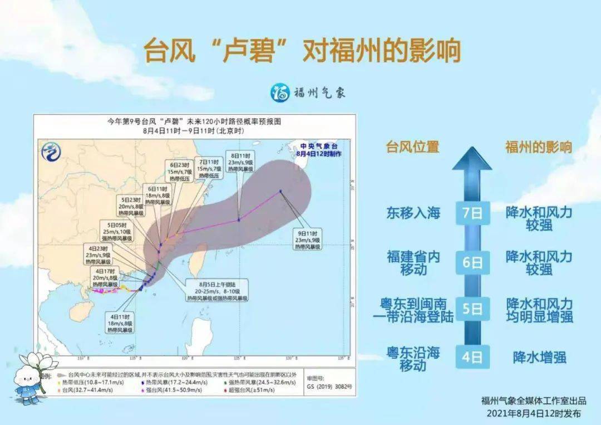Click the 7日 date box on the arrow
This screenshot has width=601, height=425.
point(472,213)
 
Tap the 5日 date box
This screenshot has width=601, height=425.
point(472,309)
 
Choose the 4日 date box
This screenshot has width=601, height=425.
point(472,357)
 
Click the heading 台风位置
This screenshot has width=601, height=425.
point(413,146)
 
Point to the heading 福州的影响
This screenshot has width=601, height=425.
point(538,146)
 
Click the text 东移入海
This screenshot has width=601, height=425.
point(413,213)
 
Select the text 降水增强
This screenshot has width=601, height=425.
point(539,357)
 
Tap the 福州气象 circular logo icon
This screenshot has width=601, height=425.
point(280,92)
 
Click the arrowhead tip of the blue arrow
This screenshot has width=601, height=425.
point(472,152)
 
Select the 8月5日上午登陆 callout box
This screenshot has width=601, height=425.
point(217,290)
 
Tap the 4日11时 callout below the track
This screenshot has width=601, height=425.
point(121,323)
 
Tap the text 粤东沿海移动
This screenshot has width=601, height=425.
point(413,359)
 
